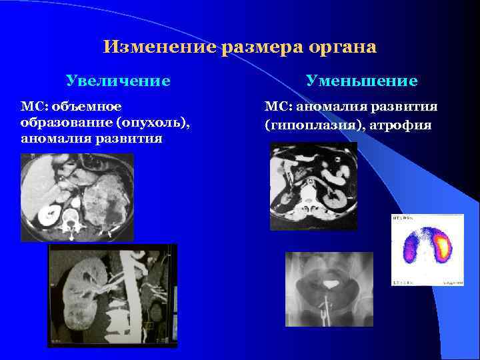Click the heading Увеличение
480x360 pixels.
point(118,81)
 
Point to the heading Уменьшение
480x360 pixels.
point(361,81)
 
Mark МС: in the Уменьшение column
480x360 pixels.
point(277,107)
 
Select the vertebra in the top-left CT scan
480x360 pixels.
point(69,217)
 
